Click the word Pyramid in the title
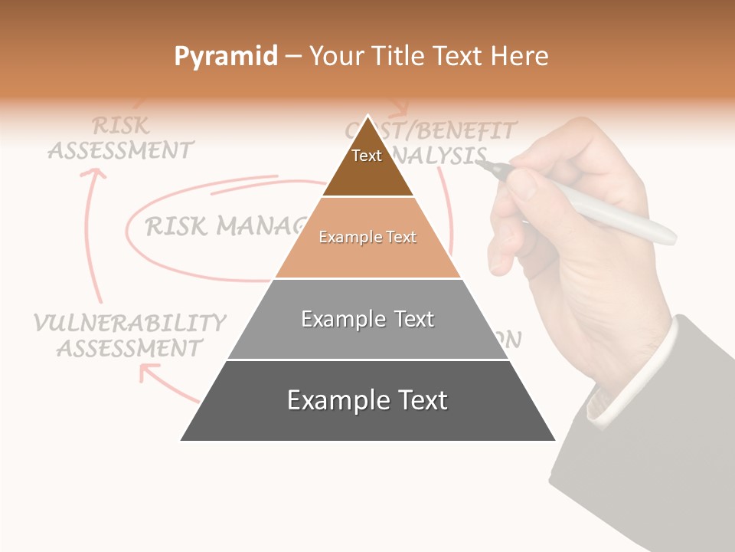[x=226, y=57]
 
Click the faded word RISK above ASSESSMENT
[x=121, y=125]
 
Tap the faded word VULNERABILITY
[x=130, y=323]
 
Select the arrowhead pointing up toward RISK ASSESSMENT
[x=93, y=175]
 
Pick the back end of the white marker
[x=669, y=236]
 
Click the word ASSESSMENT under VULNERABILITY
[x=129, y=349]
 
